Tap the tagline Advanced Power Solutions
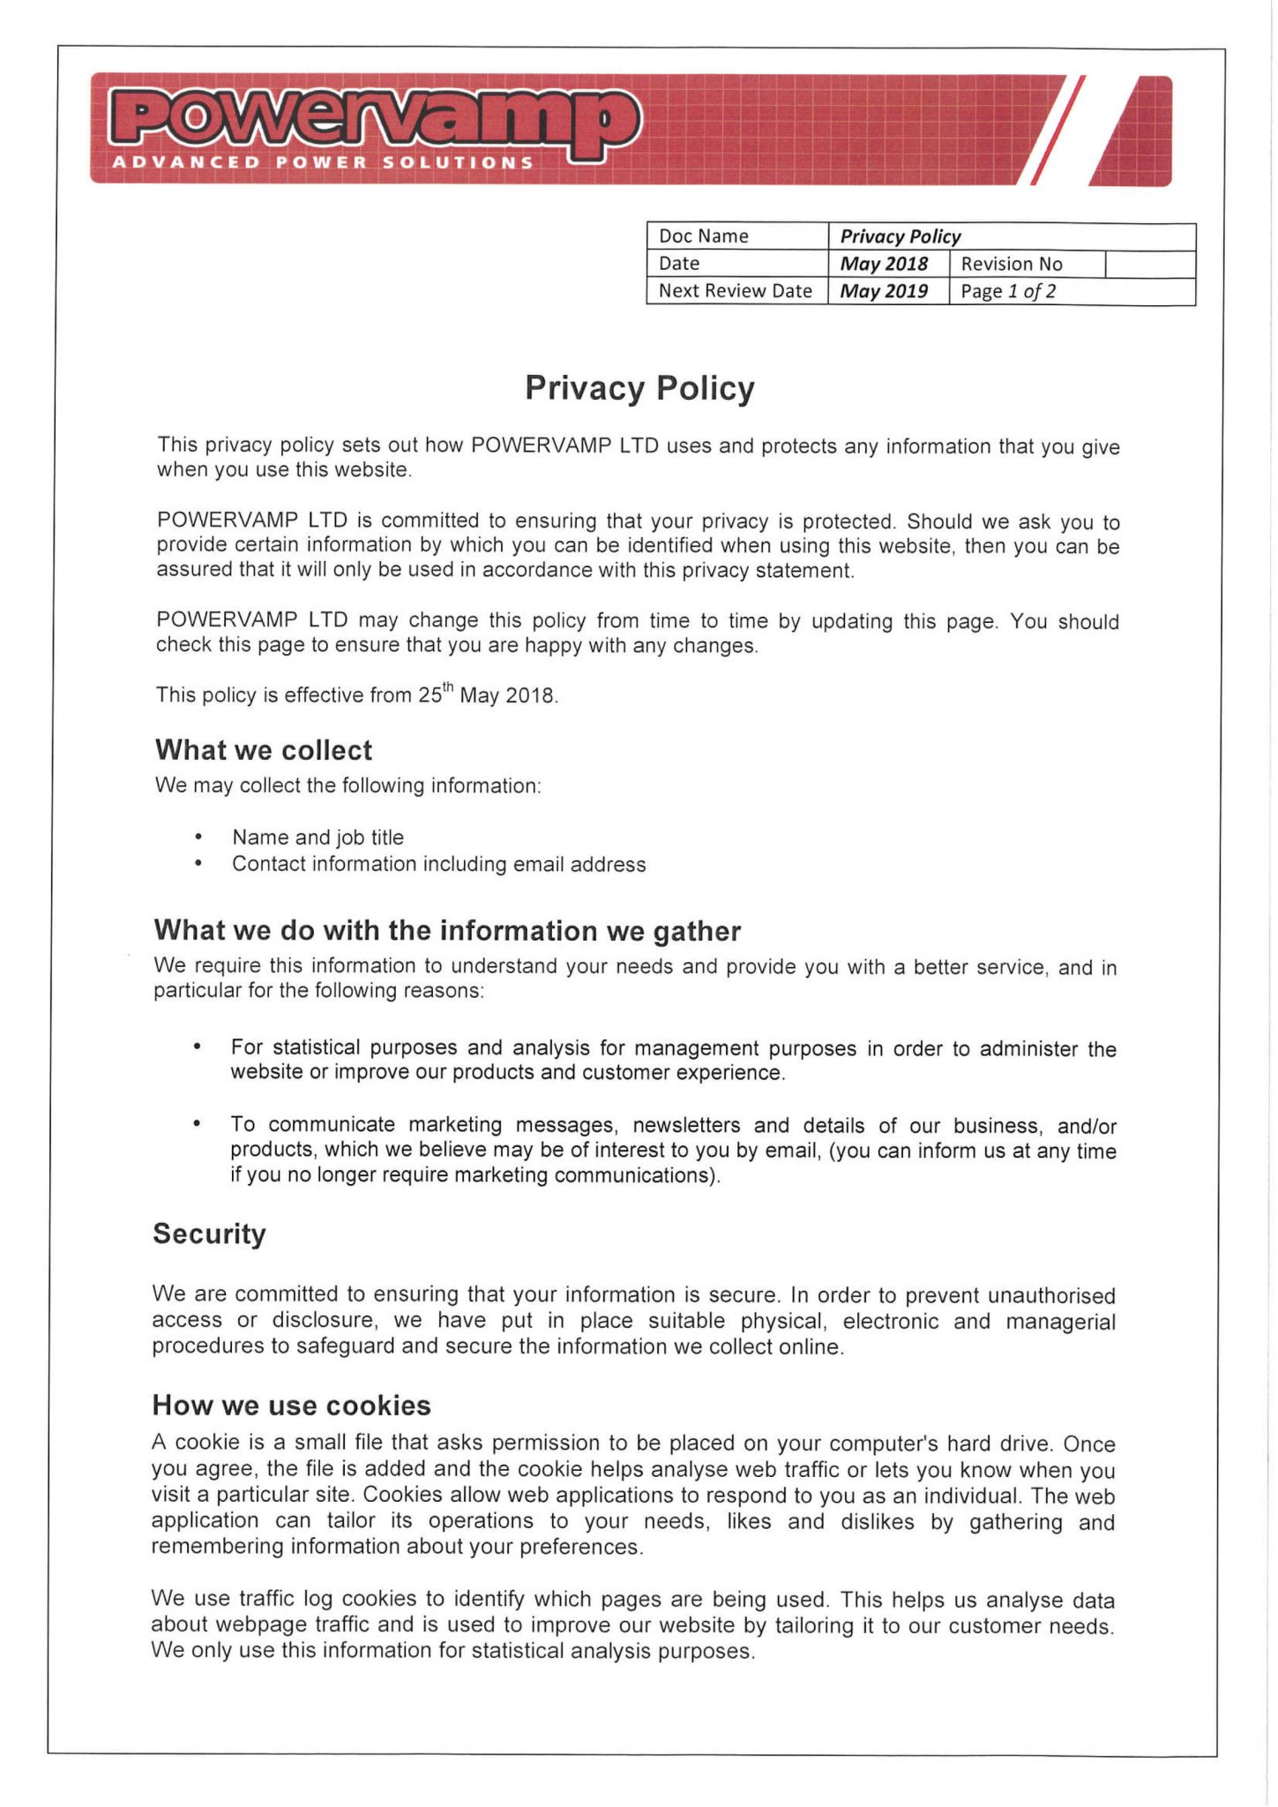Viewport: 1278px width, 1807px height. pos(322,162)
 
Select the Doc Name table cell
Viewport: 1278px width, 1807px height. pos(736,236)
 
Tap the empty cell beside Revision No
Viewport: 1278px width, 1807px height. pos(1149,264)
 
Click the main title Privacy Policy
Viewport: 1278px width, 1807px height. pos(639,388)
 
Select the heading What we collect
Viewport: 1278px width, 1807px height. pos(264,750)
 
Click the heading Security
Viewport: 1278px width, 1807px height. pos(209,1233)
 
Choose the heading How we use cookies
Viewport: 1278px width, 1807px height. pos(291,1405)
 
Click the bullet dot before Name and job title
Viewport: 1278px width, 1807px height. pos(199,836)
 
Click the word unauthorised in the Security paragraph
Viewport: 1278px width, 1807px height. pos(1050,1295)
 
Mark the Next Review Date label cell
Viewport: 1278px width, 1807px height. pos(736,291)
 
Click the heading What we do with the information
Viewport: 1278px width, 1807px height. pos(447,931)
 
